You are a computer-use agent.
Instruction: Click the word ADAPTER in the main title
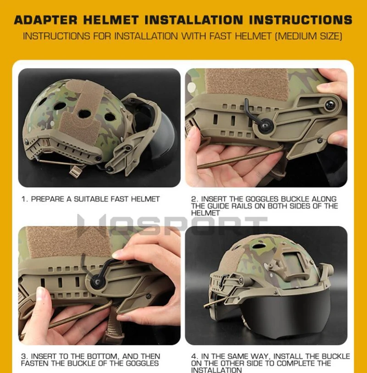pyautogui.click(x=46, y=20)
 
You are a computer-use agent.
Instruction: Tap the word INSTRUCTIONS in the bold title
pyautogui.click(x=300, y=20)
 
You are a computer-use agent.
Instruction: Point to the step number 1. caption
pyautogui.click(x=25, y=199)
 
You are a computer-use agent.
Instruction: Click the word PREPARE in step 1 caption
pyautogui.click(x=48, y=199)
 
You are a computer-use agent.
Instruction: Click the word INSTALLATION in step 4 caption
pyautogui.click(x=217, y=370)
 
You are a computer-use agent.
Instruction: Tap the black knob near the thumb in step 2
pyautogui.click(x=330, y=105)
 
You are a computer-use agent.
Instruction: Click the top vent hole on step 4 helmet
pyautogui.click(x=260, y=245)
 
